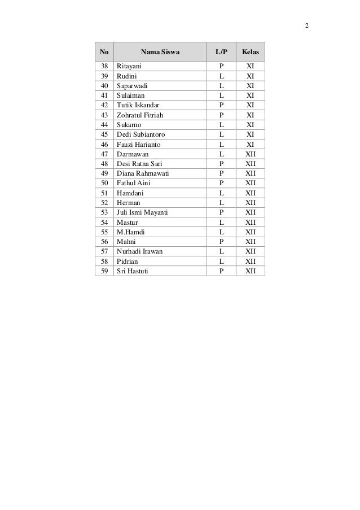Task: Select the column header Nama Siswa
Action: tap(160, 53)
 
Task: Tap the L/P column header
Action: tap(221, 53)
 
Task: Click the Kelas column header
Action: tap(250, 53)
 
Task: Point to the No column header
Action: tap(104, 53)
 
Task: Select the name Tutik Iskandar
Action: tap(138, 105)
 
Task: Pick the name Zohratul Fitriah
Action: tap(140, 115)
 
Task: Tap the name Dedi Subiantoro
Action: tap(141, 134)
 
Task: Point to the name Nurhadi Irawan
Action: tap(139, 251)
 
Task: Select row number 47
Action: tap(104, 154)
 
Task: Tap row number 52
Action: tap(104, 203)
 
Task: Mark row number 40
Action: tap(104, 86)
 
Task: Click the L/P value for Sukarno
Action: tap(221, 124)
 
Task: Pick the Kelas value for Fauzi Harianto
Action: tap(250, 144)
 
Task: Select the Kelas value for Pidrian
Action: tap(250, 261)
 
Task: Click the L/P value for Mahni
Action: tap(221, 242)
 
